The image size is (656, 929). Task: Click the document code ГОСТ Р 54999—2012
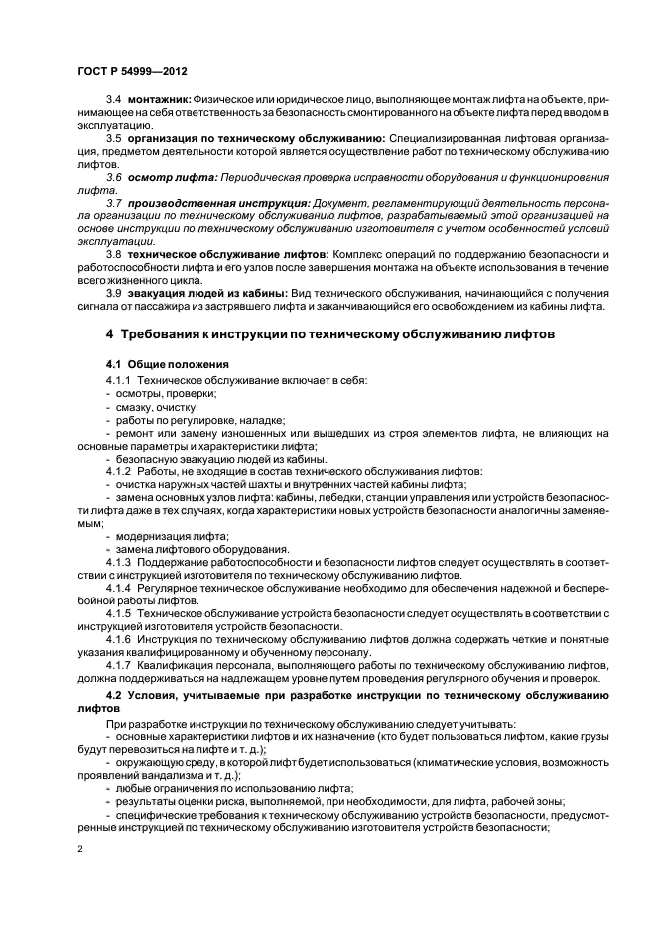134,73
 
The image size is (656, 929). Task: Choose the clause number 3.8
114,255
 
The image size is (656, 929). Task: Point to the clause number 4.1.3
119,562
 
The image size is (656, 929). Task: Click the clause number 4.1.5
119,613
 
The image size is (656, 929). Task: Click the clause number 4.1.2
119,470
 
